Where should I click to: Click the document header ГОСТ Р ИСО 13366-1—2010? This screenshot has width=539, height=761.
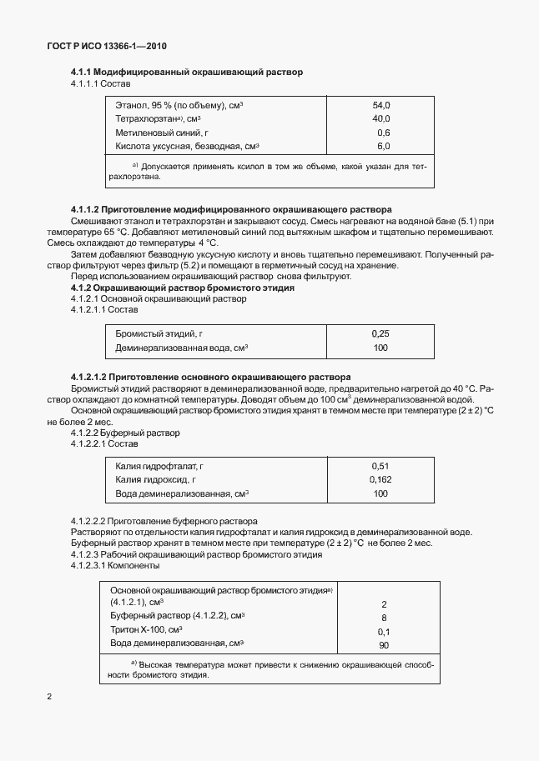pyautogui.click(x=108, y=46)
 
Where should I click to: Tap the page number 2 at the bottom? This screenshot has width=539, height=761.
pyautogui.click(x=49, y=696)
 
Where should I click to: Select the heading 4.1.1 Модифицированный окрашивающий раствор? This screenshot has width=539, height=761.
pyautogui.click(x=186, y=73)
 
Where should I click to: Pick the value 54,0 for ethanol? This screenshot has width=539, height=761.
pyautogui.click(x=381, y=106)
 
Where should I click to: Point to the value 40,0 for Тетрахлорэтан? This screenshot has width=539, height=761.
pyautogui.click(x=381, y=119)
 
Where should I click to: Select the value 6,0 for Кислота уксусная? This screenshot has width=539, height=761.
pyautogui.click(x=383, y=146)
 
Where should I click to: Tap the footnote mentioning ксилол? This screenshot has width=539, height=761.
pyautogui.click(x=267, y=173)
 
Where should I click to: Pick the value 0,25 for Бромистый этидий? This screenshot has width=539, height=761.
pyautogui.click(x=380, y=333)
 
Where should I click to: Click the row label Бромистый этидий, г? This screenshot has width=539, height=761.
pyautogui.click(x=159, y=333)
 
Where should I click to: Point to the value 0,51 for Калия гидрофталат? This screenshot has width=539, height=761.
pyautogui.click(x=380, y=466)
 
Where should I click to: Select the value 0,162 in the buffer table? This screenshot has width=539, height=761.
pyautogui.click(x=380, y=479)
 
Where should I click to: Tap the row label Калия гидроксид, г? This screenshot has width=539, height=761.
pyautogui.click(x=155, y=479)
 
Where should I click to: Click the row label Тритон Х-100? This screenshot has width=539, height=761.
pyautogui.click(x=145, y=630)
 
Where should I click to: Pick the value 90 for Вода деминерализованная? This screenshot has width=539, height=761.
pyautogui.click(x=383, y=645)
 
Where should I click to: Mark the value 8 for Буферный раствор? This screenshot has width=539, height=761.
pyautogui.click(x=384, y=618)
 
